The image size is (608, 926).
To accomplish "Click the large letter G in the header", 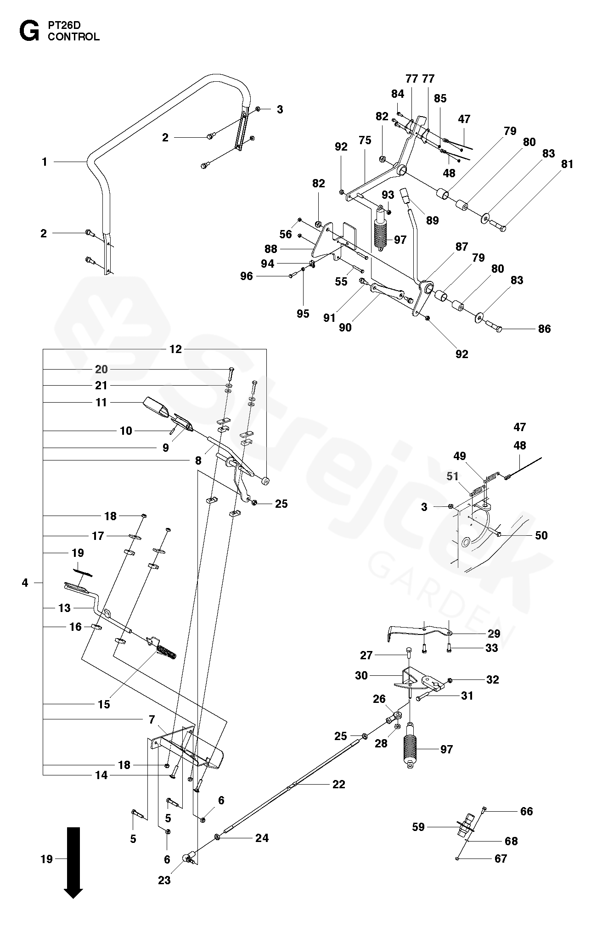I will pyautogui.click(x=29, y=31).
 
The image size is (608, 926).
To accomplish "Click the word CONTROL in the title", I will pyautogui.click(x=73, y=37).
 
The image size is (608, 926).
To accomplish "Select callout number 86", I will pyautogui.click(x=544, y=329).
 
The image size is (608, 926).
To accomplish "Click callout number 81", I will pyautogui.click(x=568, y=164).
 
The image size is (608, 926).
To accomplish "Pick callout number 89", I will pyautogui.click(x=432, y=220).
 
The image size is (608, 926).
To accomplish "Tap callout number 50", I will pyautogui.click(x=541, y=535).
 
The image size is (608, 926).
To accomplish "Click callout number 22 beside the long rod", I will pyautogui.click(x=338, y=784).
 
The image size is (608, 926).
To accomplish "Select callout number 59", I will pyautogui.click(x=418, y=827).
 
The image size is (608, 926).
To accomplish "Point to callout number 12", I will pyautogui.click(x=175, y=349).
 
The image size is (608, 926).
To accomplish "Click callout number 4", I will pyautogui.click(x=25, y=583).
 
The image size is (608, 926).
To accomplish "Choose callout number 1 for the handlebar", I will pyautogui.click(x=45, y=162).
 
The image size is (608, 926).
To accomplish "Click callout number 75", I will pyautogui.click(x=365, y=140).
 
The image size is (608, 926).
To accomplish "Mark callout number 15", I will pyautogui.click(x=104, y=704).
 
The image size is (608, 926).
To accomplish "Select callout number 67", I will pyautogui.click(x=501, y=859).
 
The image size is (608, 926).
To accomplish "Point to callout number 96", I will pyautogui.click(x=247, y=276).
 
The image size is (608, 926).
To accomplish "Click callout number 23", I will pyautogui.click(x=164, y=880).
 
